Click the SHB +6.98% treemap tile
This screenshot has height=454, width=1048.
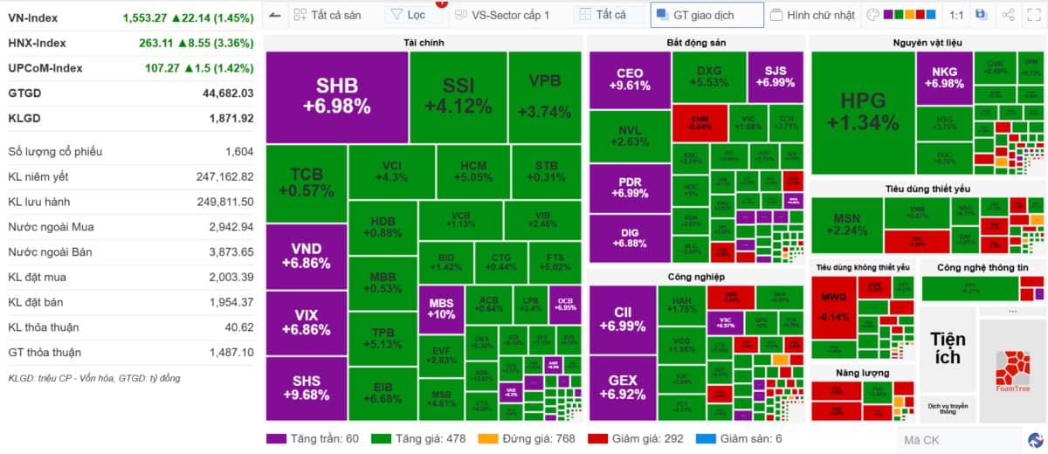coord(337,96)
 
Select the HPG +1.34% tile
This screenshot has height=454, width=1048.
coord(863,111)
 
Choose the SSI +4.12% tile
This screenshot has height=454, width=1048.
coord(458,96)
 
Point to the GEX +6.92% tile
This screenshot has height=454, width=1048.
coord(623,387)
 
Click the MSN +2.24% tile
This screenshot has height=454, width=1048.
coord(846,224)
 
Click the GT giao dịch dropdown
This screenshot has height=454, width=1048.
coord(706,15)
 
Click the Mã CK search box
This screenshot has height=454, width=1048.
coord(958,440)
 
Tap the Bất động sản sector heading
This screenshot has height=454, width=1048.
coord(695,42)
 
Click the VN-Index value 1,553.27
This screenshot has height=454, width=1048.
coord(171,17)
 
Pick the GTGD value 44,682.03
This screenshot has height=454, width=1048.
coord(227,93)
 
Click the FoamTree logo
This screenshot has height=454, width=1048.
coord(1012,371)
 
